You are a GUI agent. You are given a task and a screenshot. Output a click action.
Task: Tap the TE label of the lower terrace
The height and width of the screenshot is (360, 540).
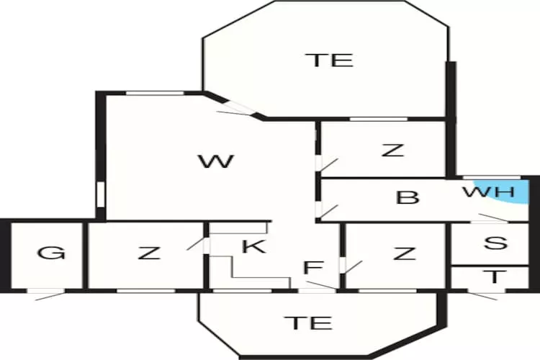coord(309,323)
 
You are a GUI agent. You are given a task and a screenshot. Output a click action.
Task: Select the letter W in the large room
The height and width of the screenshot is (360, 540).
coord(217,161)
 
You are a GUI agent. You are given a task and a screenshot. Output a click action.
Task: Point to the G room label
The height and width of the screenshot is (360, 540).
coord(51,253)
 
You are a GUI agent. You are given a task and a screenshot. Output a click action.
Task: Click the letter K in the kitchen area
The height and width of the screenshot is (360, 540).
coord(254,246)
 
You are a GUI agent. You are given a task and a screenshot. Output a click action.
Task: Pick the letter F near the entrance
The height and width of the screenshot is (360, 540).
coord(314,268)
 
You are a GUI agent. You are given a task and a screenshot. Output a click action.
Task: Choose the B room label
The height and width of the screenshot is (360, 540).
coord(408,198)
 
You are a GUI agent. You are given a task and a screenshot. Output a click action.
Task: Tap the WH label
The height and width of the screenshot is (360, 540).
coord(489,192)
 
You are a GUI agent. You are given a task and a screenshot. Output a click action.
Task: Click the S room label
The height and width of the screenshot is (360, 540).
coord(495,243)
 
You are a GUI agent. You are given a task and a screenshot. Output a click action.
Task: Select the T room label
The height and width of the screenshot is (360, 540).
coord(495,276)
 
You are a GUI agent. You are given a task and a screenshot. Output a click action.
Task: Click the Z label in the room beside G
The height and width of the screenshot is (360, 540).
coord(149,253)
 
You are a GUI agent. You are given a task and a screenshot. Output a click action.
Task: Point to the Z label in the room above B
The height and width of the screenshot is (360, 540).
coord(393,150)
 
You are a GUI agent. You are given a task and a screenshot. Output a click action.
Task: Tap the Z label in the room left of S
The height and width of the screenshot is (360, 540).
coord(405,253)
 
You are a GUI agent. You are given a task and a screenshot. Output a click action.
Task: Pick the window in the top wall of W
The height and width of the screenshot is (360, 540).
coord(155,93)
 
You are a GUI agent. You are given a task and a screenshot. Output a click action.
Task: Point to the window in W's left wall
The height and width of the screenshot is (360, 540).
coord(100,194)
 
